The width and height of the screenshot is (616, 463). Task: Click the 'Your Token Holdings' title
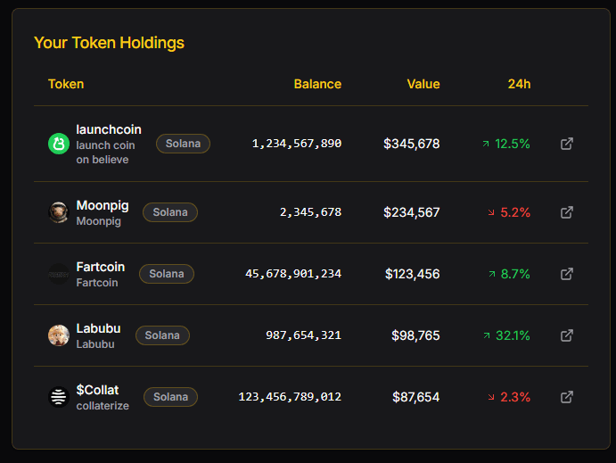click(x=109, y=43)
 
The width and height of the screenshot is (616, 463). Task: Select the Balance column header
click(x=317, y=84)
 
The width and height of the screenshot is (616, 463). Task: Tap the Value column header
click(x=423, y=84)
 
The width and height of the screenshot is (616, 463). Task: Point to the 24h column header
click(x=519, y=84)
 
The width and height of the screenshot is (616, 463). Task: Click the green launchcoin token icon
click(x=59, y=144)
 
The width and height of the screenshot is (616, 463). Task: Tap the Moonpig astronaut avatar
click(x=59, y=212)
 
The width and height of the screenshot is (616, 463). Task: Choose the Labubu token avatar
click(x=59, y=335)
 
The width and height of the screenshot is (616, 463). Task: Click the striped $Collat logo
click(x=59, y=397)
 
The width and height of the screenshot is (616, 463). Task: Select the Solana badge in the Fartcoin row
click(x=167, y=274)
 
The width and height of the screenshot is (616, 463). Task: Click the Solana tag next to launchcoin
click(x=183, y=144)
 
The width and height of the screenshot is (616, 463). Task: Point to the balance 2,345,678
click(x=310, y=212)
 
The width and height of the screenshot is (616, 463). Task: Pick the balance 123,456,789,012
click(x=290, y=397)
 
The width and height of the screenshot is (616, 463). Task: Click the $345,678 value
click(x=411, y=144)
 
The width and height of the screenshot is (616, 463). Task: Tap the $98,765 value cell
click(x=415, y=335)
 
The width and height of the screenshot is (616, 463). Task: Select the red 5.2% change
click(x=515, y=212)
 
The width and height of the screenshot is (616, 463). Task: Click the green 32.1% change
click(x=513, y=335)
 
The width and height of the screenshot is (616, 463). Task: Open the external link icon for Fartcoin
click(x=566, y=274)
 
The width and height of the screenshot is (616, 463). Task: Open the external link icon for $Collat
click(x=566, y=397)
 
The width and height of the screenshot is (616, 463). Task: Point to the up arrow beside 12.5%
click(x=486, y=144)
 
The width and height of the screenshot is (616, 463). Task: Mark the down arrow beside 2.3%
click(x=491, y=397)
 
